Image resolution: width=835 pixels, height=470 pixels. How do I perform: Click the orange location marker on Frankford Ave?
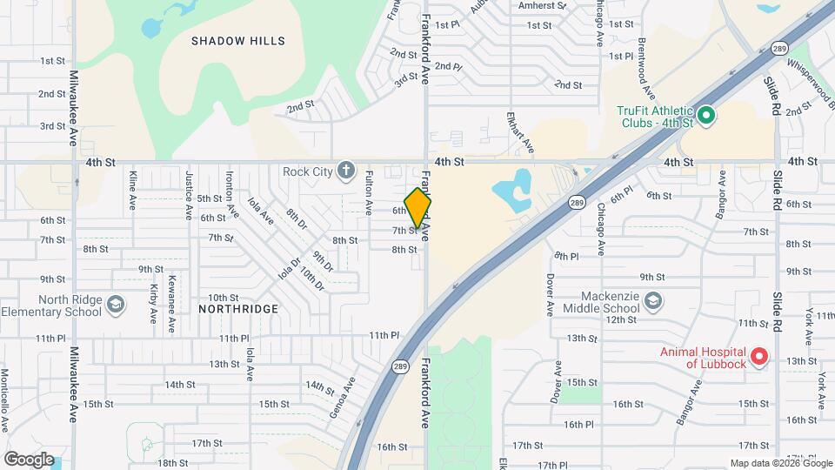pos(417,207)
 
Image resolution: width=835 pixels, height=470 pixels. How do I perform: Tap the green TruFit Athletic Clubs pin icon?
pos(706,115)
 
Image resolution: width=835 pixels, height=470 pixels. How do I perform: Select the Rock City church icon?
pos(346,170)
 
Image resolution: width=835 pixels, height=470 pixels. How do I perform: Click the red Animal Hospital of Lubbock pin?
pos(758,356)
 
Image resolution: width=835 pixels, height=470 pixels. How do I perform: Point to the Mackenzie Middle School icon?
pos(654,301)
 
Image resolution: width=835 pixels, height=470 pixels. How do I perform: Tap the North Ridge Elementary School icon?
pos(117,305)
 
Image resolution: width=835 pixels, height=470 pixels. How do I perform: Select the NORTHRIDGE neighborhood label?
pos(238,309)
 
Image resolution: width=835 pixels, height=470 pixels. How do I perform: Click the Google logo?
pos(29,459)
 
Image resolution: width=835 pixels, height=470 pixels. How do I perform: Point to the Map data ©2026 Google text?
pos(780,463)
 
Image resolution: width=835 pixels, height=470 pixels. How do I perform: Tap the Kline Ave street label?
pos(132,190)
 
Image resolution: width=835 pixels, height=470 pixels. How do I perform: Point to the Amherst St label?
pos(542,5)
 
